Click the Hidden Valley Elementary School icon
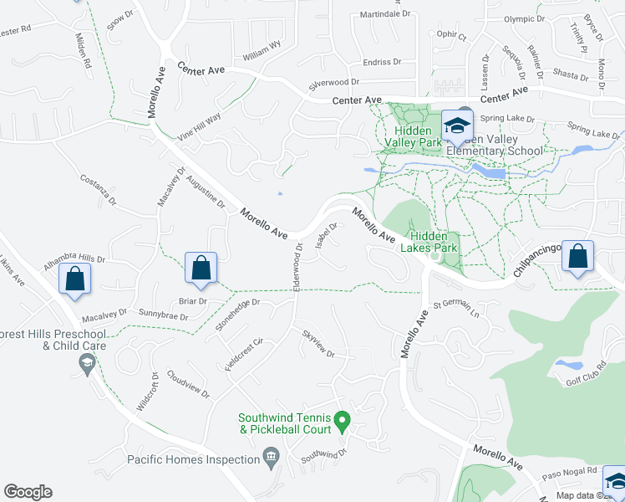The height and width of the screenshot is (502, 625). (x=457, y=126)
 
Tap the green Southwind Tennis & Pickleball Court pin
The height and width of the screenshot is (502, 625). (x=341, y=419)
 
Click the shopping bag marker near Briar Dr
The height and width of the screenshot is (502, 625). (x=201, y=269)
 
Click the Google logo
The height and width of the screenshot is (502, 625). (x=28, y=491)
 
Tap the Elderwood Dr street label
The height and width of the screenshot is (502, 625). (x=297, y=266)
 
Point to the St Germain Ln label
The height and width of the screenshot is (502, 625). (x=456, y=310)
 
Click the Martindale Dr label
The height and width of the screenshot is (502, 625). (x=385, y=14)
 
